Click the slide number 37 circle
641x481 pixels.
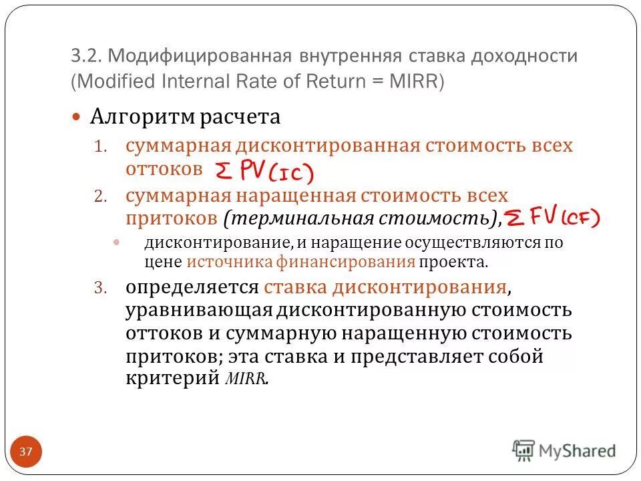click(25, 452)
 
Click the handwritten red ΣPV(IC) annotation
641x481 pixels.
click(263, 172)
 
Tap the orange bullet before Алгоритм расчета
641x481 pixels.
click(76, 118)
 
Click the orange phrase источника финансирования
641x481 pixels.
click(300, 261)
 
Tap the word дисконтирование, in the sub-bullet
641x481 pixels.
click(192, 243)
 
